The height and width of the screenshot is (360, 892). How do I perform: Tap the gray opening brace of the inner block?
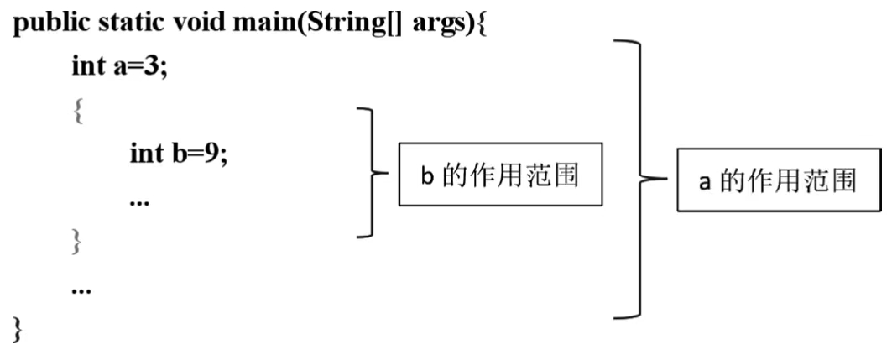coord(78,112)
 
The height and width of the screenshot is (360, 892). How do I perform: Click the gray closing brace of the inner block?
coord(78,243)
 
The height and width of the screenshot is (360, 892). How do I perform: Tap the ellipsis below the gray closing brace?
coord(81,290)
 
